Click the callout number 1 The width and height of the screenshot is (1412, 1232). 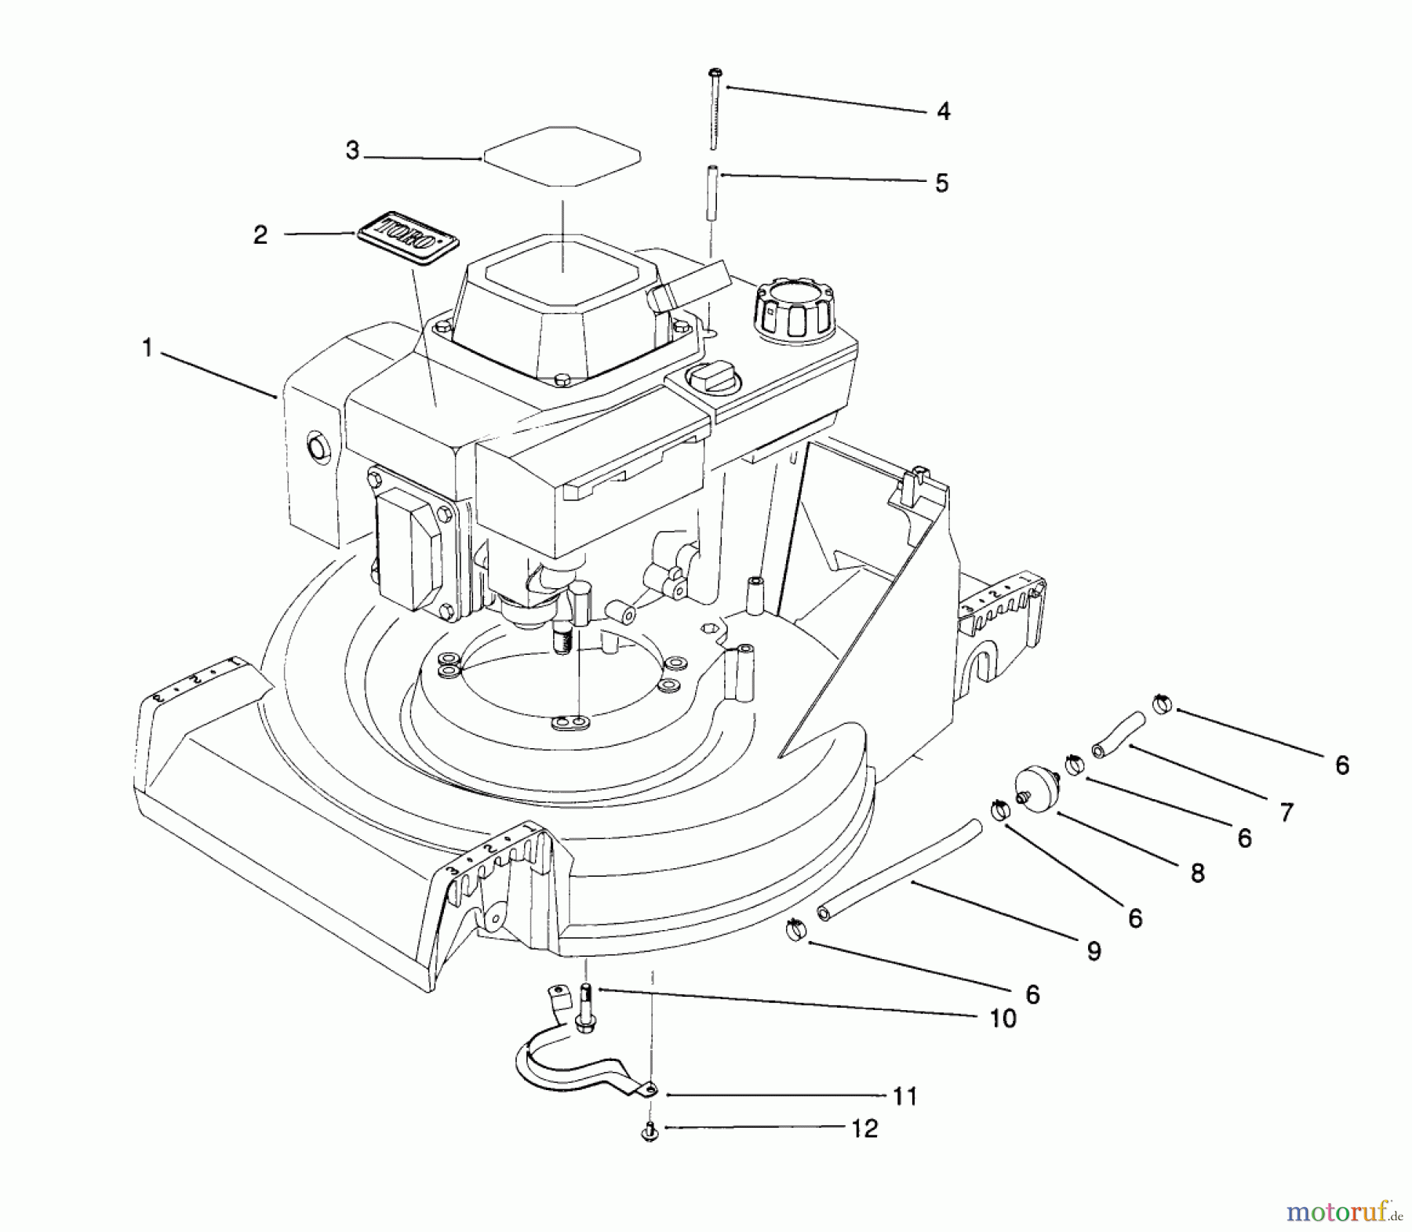pos(147,347)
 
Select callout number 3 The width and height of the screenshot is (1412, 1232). pos(352,151)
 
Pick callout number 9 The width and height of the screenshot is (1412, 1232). pos(1094,951)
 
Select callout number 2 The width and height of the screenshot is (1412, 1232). pos(260,234)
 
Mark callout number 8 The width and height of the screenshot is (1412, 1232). pos(1197,873)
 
